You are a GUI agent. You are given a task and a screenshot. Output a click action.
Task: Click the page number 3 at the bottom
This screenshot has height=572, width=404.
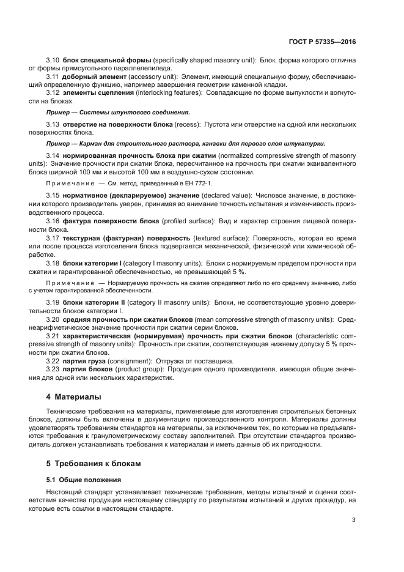(354, 521)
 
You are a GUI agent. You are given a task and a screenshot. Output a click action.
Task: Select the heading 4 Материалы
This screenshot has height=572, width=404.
(74, 398)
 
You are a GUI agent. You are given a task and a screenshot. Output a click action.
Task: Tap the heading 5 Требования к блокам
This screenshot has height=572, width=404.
(94, 464)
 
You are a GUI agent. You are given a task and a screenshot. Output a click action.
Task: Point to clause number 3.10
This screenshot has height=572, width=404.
(53, 60)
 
